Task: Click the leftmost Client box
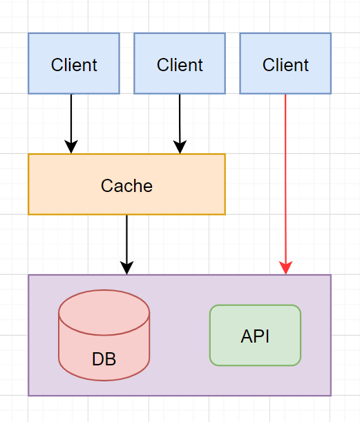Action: [x=74, y=64]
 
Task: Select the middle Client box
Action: [x=180, y=64]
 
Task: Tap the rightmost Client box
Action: [x=285, y=64]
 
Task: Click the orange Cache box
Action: [x=126, y=184]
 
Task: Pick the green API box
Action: [x=255, y=336]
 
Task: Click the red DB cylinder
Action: [x=104, y=336]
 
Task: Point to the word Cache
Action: [x=126, y=186]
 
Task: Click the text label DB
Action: [x=104, y=359]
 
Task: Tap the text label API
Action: [x=255, y=336]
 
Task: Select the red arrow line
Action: [x=285, y=184]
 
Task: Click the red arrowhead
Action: [x=285, y=268]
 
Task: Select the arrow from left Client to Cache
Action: [x=71, y=124]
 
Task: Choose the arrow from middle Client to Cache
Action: [x=180, y=124]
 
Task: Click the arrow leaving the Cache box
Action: [x=126, y=245]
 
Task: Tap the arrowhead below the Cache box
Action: [x=126, y=268]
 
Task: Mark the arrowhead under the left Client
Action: [x=71, y=146]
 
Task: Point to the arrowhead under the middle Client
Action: [x=180, y=147]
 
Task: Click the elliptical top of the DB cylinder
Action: [x=104, y=312]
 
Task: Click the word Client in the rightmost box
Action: [x=285, y=65]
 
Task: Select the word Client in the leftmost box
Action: [x=74, y=65]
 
